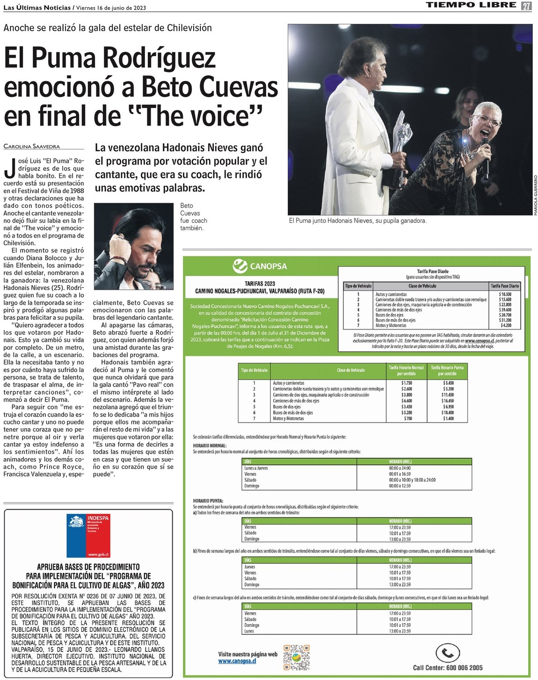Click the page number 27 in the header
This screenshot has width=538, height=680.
tap(527, 6)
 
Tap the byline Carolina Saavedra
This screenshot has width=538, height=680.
tap(32, 146)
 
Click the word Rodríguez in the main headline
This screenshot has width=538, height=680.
tap(159, 58)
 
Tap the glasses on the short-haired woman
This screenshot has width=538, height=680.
tap(487, 121)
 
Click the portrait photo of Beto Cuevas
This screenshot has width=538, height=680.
tap(134, 246)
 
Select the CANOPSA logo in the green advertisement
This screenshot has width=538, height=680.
tap(260, 266)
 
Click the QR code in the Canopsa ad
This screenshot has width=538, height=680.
tap(296, 657)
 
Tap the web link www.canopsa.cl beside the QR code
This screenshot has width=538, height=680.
tap(237, 661)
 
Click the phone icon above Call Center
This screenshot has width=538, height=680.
tap(447, 653)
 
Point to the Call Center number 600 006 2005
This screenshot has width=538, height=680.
tap(447, 668)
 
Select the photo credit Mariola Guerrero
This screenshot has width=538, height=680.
tap(535, 195)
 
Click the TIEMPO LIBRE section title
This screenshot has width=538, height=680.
tap(471, 6)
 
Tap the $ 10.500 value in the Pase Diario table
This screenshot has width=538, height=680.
tap(505, 294)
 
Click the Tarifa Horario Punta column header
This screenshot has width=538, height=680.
tap(447, 371)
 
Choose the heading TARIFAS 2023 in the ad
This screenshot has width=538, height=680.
tap(260, 284)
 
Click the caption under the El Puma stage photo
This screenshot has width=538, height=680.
tap(357, 220)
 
